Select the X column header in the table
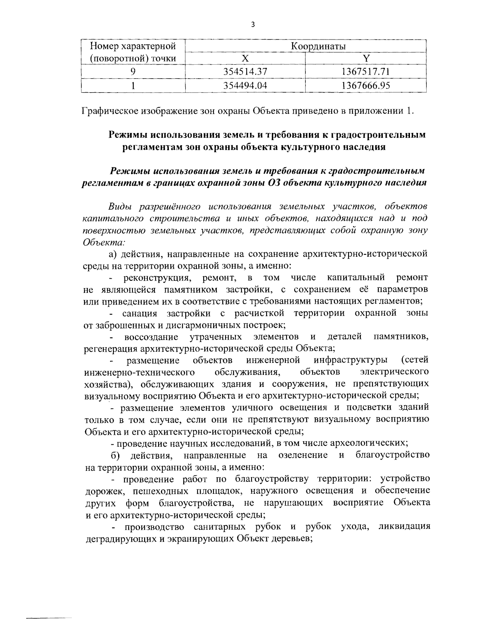(x=245, y=59)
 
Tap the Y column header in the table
(x=366, y=59)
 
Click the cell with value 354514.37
(x=245, y=72)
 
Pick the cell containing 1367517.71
(x=366, y=72)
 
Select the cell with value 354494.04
(x=245, y=85)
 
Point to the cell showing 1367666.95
(x=366, y=85)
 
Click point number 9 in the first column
(x=133, y=72)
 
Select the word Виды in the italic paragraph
(x=119, y=207)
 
